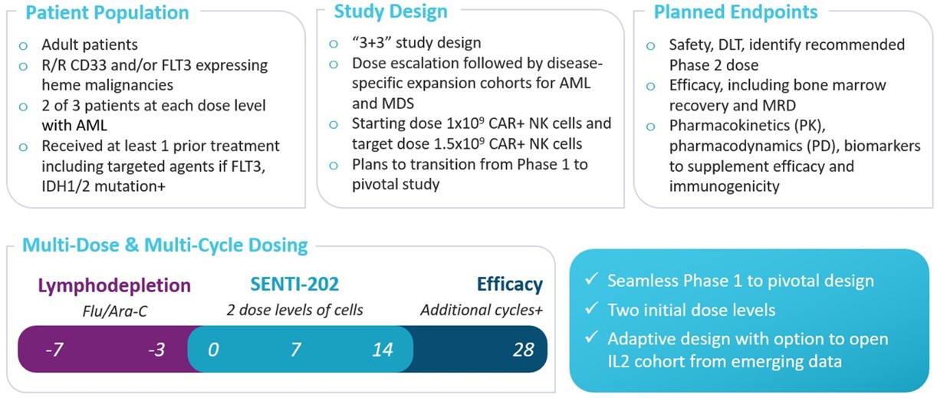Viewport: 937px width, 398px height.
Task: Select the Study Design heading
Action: pyautogui.click(x=390, y=12)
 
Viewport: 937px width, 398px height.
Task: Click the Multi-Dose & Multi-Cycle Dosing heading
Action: pyautogui.click(x=165, y=245)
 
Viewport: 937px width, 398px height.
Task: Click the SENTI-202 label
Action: pyautogui.click(x=294, y=285)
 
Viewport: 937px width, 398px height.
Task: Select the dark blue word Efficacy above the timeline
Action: pyautogui.click(x=509, y=285)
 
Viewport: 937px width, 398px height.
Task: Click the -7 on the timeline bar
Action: pyautogui.click(x=54, y=350)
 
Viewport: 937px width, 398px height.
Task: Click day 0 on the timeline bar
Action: pyautogui.click(x=213, y=350)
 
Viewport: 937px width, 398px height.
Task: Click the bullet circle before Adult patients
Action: pyautogui.click(x=23, y=45)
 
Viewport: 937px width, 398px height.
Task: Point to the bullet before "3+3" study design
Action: pyautogui.click(x=333, y=44)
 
